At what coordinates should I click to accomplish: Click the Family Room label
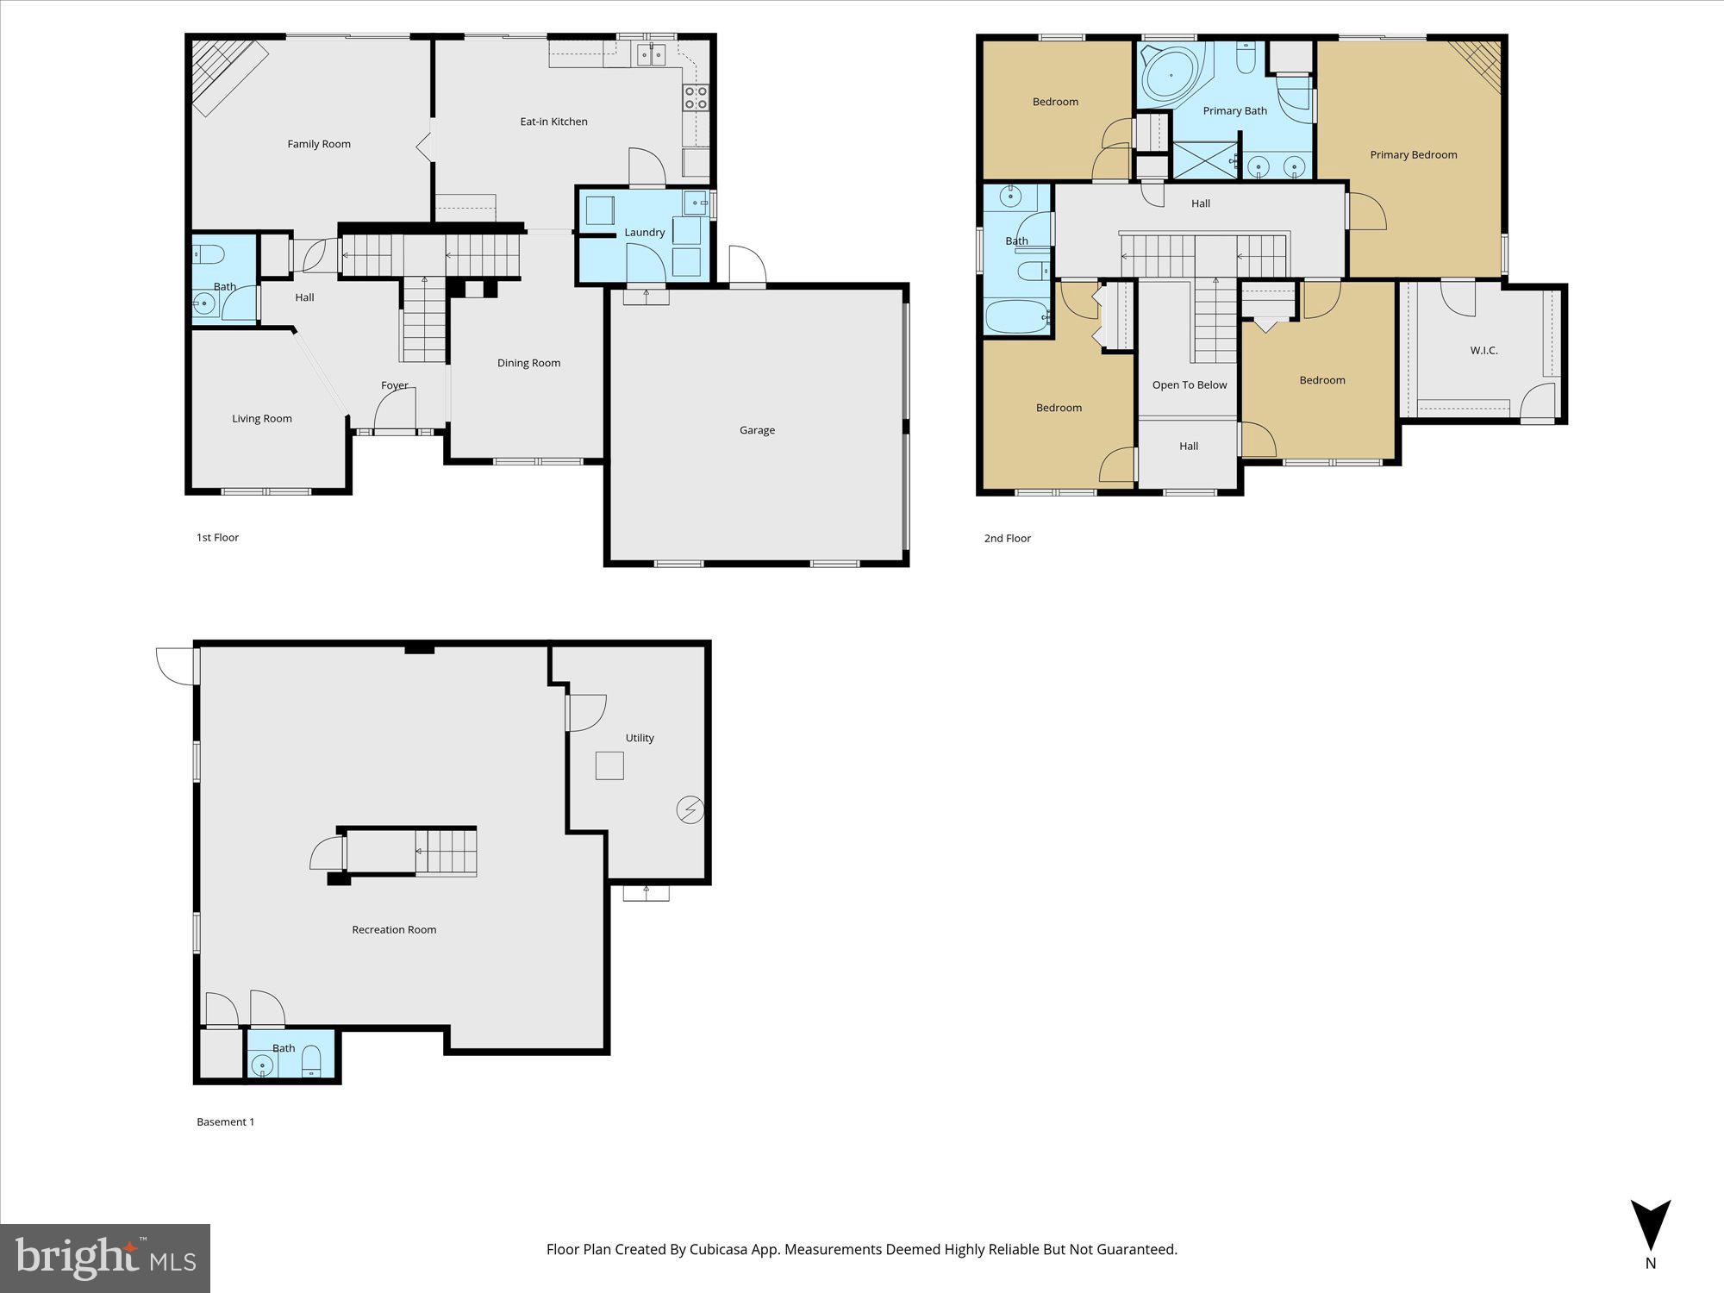[x=319, y=144]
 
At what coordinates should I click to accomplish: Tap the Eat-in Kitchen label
[x=553, y=122]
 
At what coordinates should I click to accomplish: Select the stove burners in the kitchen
[x=696, y=98]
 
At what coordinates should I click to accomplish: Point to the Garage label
[x=757, y=430]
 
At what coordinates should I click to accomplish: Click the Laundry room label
[x=644, y=233]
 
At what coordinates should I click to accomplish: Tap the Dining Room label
[x=528, y=363]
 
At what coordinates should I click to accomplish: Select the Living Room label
[x=262, y=419]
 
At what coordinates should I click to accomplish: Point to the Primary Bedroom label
[x=1413, y=155]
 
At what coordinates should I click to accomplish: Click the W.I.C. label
[x=1484, y=351]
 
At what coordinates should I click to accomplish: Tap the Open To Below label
[x=1189, y=385]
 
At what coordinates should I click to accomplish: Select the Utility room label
[x=640, y=738]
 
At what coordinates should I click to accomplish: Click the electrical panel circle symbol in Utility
[x=690, y=810]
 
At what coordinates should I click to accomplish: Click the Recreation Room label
[x=394, y=929]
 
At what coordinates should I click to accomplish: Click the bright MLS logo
[x=105, y=1259]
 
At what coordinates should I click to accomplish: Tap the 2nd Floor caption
[x=1007, y=538]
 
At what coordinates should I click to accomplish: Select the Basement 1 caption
[x=225, y=1121]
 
